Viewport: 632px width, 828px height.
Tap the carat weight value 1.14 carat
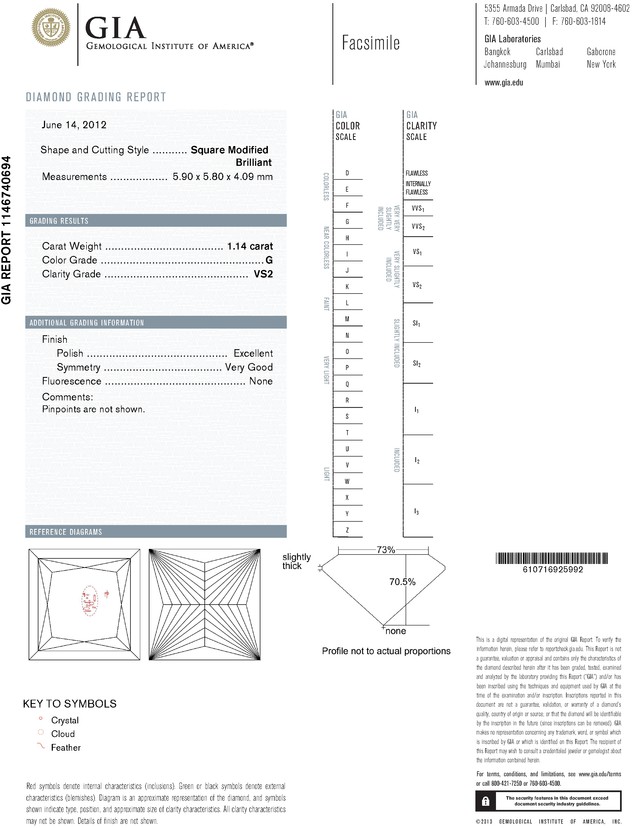250,246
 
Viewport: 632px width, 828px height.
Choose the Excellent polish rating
252,354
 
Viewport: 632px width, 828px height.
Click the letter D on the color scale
346,173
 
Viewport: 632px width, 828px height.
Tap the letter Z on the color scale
346,528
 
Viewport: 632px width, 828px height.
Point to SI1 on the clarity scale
415,325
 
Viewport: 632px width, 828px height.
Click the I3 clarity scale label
415,511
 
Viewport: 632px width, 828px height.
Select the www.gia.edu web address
504,83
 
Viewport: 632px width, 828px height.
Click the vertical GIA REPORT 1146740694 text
8,230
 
